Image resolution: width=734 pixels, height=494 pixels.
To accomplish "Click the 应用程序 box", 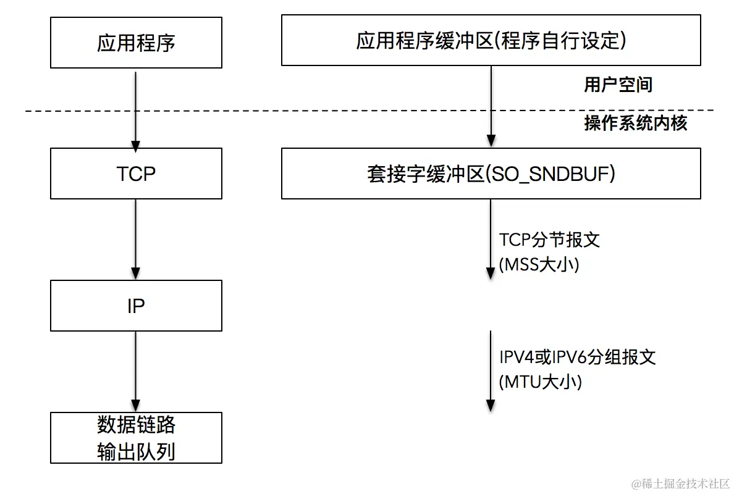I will click(136, 43).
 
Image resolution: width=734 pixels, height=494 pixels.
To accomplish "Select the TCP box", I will click(136, 174).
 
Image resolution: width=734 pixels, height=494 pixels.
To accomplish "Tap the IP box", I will click(136, 306).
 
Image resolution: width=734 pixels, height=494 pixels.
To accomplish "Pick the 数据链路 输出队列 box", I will click(136, 438).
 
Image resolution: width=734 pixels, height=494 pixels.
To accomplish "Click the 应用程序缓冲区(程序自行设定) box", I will click(491, 41).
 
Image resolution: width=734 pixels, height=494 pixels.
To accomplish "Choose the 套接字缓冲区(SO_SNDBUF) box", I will click(491, 174).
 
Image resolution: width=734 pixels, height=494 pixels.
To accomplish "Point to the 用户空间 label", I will click(618, 85).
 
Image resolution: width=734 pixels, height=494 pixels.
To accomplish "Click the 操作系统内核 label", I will click(636, 123).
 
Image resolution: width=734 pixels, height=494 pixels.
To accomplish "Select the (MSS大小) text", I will click(538, 265).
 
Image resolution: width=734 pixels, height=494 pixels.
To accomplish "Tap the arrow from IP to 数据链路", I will click(136, 371).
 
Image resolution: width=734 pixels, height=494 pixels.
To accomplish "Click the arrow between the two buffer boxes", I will click(491, 105).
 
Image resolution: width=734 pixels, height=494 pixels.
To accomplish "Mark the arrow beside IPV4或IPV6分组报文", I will click(491, 371).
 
